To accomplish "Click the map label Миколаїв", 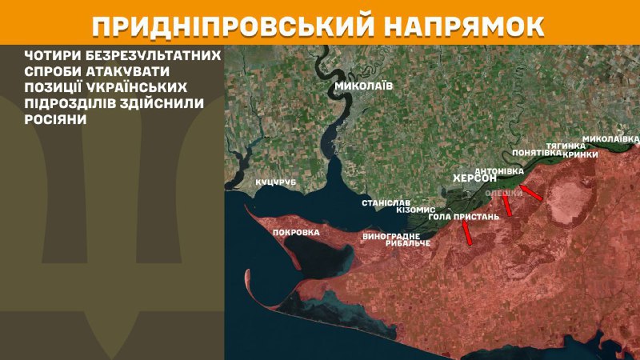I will pyautogui.click(x=364, y=86).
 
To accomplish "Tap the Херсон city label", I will pyautogui.click(x=475, y=178).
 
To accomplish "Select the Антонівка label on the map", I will pyautogui.click(x=499, y=170).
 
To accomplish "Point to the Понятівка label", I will pyautogui.click(x=535, y=152).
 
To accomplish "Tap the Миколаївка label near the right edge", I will pyautogui.click(x=611, y=138).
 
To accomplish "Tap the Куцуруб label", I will pyautogui.click(x=275, y=183).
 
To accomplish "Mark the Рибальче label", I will pyautogui.click(x=407, y=243).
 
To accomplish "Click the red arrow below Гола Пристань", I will pyautogui.click(x=466, y=233).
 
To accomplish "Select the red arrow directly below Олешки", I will pyautogui.click(x=506, y=205).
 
